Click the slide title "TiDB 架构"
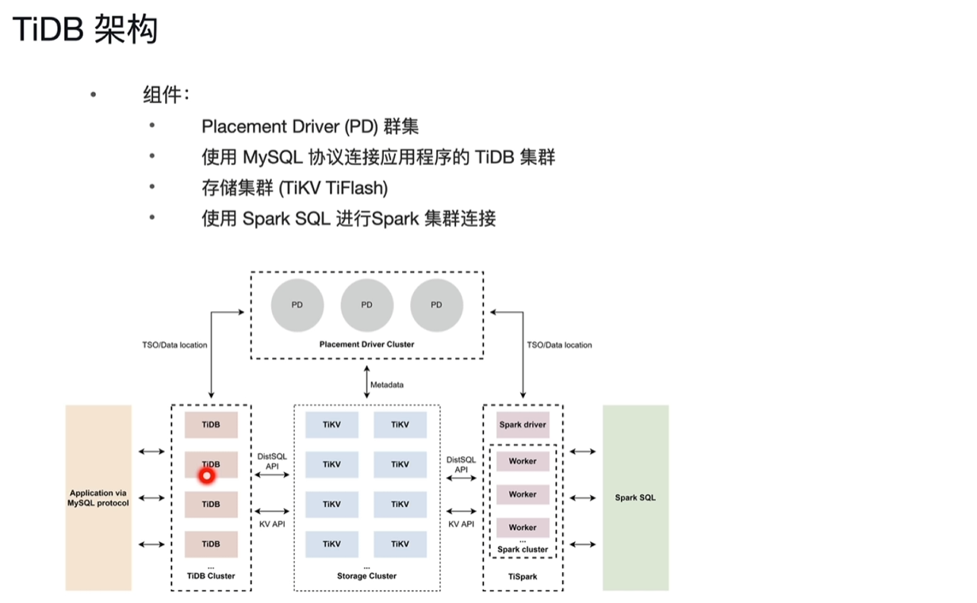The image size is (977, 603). (x=85, y=29)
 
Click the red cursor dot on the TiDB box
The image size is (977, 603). (x=207, y=476)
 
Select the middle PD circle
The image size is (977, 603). (x=366, y=305)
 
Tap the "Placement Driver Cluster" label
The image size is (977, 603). (x=366, y=344)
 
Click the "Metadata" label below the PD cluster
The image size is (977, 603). (x=386, y=385)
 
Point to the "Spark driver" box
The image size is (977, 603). (x=523, y=424)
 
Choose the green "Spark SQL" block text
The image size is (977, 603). (x=635, y=498)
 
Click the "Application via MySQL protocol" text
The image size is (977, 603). (x=98, y=498)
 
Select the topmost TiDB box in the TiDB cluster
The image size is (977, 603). (x=211, y=424)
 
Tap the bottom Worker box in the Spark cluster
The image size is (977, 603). (x=523, y=528)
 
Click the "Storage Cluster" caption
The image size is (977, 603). (x=366, y=576)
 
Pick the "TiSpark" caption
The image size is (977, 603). (x=523, y=577)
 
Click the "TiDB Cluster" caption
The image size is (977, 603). (x=211, y=576)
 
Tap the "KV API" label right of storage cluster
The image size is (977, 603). (x=461, y=524)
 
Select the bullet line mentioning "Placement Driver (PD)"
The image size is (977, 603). (x=309, y=126)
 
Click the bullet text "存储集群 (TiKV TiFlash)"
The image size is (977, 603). (x=294, y=188)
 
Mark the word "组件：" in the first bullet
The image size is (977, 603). (x=166, y=95)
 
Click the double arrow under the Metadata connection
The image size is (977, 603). (x=366, y=384)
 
